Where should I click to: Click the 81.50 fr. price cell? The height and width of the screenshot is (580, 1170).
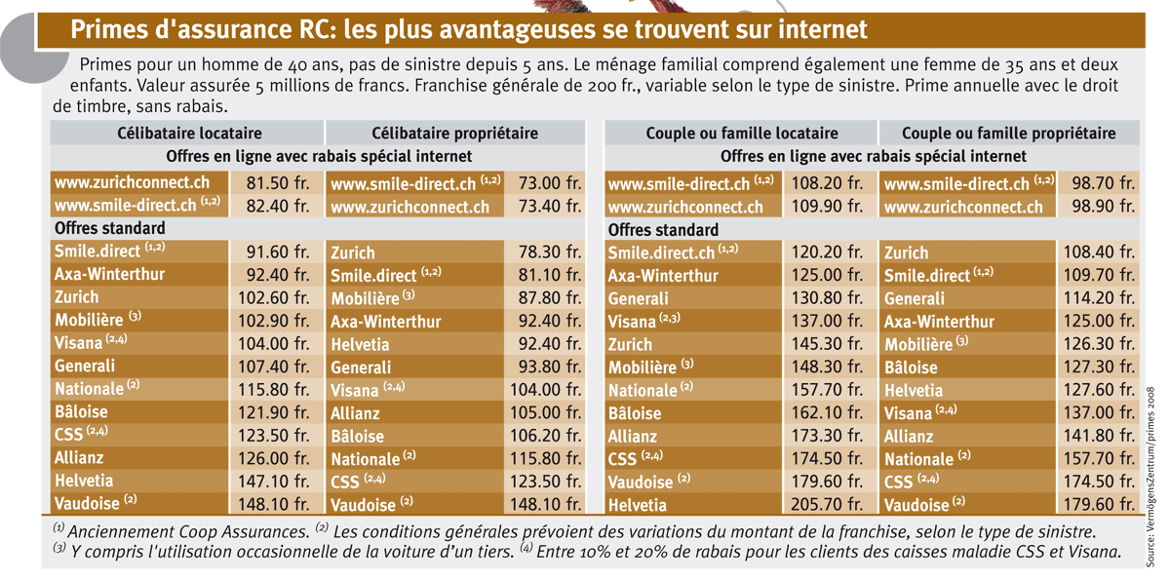[x=277, y=183]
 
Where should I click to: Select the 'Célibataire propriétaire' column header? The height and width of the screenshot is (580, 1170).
[x=454, y=134]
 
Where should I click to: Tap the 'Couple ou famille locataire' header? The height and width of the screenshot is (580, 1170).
[x=742, y=134]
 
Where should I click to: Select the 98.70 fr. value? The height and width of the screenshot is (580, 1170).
[x=1103, y=183]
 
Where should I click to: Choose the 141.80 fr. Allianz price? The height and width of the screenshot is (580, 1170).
[x=1099, y=436]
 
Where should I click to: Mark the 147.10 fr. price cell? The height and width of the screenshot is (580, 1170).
[x=274, y=482]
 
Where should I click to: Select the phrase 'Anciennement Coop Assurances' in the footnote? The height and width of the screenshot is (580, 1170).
[x=188, y=532]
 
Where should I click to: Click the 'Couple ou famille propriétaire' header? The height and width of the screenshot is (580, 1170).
[x=1008, y=134]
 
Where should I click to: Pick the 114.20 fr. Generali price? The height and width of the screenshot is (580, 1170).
[x=1099, y=298]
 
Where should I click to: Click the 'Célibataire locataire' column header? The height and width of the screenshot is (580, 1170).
[x=189, y=134]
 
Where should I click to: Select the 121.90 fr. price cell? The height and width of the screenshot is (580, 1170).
[x=274, y=412]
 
